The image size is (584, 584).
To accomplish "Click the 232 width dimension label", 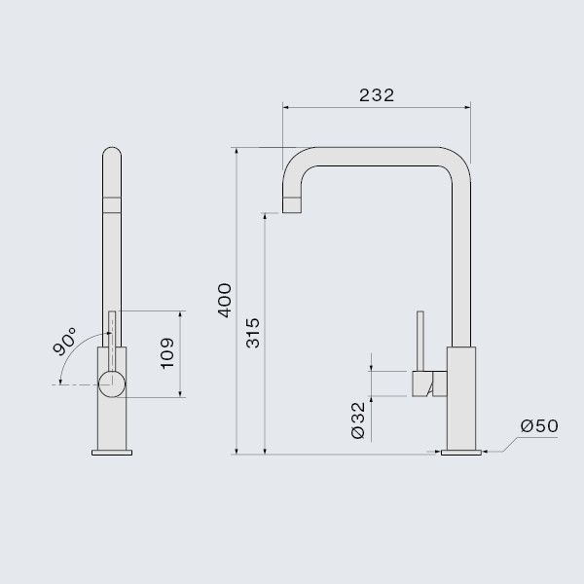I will pyautogui.click(x=376, y=95).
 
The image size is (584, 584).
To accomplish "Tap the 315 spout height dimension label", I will pyautogui.click(x=253, y=333).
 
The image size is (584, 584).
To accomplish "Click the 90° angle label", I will pyautogui.click(x=65, y=342).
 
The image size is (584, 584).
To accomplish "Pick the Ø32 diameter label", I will pyautogui.click(x=357, y=419).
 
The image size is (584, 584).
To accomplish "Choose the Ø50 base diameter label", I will pyautogui.click(x=538, y=425).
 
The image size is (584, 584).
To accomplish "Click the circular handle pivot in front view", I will pyautogui.click(x=111, y=382).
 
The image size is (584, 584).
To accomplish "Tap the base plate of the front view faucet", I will pyautogui.click(x=112, y=452).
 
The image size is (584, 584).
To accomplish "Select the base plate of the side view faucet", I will pyautogui.click(x=460, y=452).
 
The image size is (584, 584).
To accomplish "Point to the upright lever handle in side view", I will pyautogui.click(x=420, y=341).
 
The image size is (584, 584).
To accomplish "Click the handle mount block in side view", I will pyautogui.click(x=428, y=383).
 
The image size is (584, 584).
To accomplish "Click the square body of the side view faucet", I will pyautogui.click(x=461, y=399).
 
